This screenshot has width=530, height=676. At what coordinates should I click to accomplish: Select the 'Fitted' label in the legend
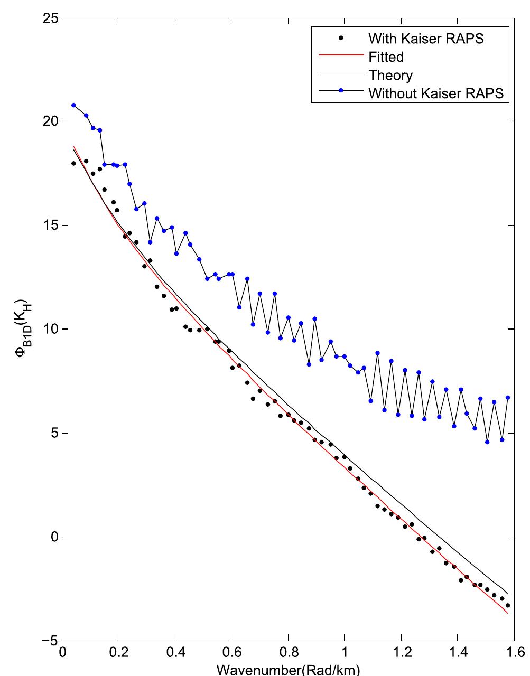(x=386, y=57)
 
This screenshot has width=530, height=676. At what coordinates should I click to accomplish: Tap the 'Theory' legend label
(x=390, y=76)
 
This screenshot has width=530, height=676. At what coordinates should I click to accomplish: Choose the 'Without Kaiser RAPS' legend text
(x=436, y=94)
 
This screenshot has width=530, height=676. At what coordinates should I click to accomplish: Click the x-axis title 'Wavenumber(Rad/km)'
(x=288, y=670)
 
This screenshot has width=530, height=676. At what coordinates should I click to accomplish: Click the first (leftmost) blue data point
(x=73, y=105)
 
